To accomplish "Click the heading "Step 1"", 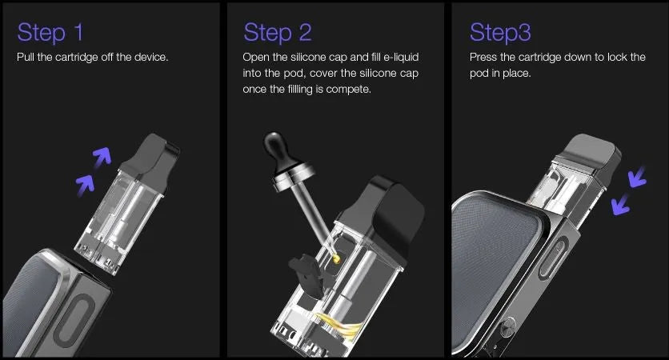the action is pos(50,33).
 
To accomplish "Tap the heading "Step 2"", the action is pos(278,33).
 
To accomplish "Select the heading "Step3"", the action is pos(500,33).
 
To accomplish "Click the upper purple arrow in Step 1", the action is pos(102,157).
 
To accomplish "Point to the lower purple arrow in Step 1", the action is pos(86,185).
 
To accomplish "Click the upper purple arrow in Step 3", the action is pos(638,177).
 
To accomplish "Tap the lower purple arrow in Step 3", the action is pos(620,204).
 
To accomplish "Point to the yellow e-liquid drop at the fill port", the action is pos(336,258).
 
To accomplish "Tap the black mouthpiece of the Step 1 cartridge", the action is pos(151,162).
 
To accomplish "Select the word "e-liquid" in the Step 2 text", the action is pos(401,57).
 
